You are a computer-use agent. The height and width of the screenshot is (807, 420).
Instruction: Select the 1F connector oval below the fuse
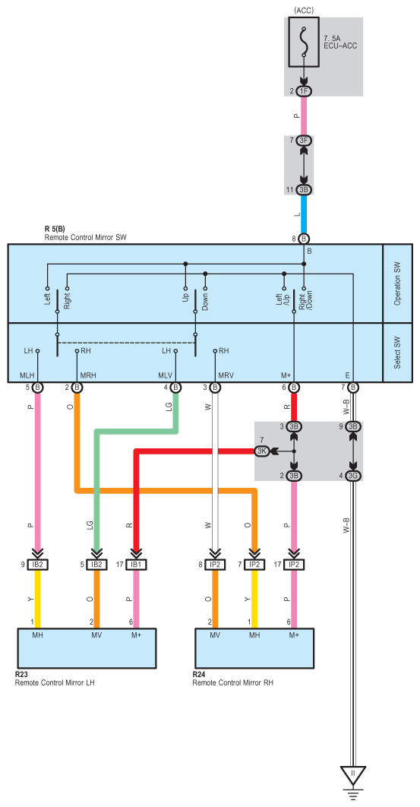(x=304, y=91)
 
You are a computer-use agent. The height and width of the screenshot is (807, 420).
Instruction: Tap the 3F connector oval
(x=304, y=141)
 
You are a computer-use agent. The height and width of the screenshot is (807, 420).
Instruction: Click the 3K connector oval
(x=261, y=451)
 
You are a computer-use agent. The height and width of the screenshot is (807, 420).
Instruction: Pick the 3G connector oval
(x=352, y=476)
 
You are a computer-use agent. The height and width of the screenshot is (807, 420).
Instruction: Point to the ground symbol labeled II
(x=352, y=776)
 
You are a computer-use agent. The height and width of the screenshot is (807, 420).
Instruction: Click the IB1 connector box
(x=136, y=565)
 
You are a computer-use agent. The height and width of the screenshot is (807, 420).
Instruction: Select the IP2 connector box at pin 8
(x=215, y=565)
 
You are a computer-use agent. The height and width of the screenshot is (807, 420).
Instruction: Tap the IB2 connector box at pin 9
(x=37, y=565)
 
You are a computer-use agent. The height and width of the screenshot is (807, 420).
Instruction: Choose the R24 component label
(x=199, y=674)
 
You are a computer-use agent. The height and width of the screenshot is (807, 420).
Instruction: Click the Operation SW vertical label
(x=397, y=283)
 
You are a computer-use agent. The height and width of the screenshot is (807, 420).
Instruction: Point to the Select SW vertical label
(x=397, y=353)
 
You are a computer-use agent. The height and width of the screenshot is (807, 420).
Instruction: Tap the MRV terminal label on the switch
(x=226, y=375)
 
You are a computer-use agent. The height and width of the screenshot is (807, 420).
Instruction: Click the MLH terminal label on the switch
(x=27, y=375)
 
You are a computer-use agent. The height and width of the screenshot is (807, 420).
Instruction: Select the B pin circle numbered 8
(x=304, y=239)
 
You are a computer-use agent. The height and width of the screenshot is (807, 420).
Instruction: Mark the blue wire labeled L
(x=304, y=214)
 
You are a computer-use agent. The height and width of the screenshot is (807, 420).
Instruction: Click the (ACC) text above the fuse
(x=304, y=11)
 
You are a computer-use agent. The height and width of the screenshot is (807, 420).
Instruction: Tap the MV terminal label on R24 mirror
(x=215, y=635)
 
